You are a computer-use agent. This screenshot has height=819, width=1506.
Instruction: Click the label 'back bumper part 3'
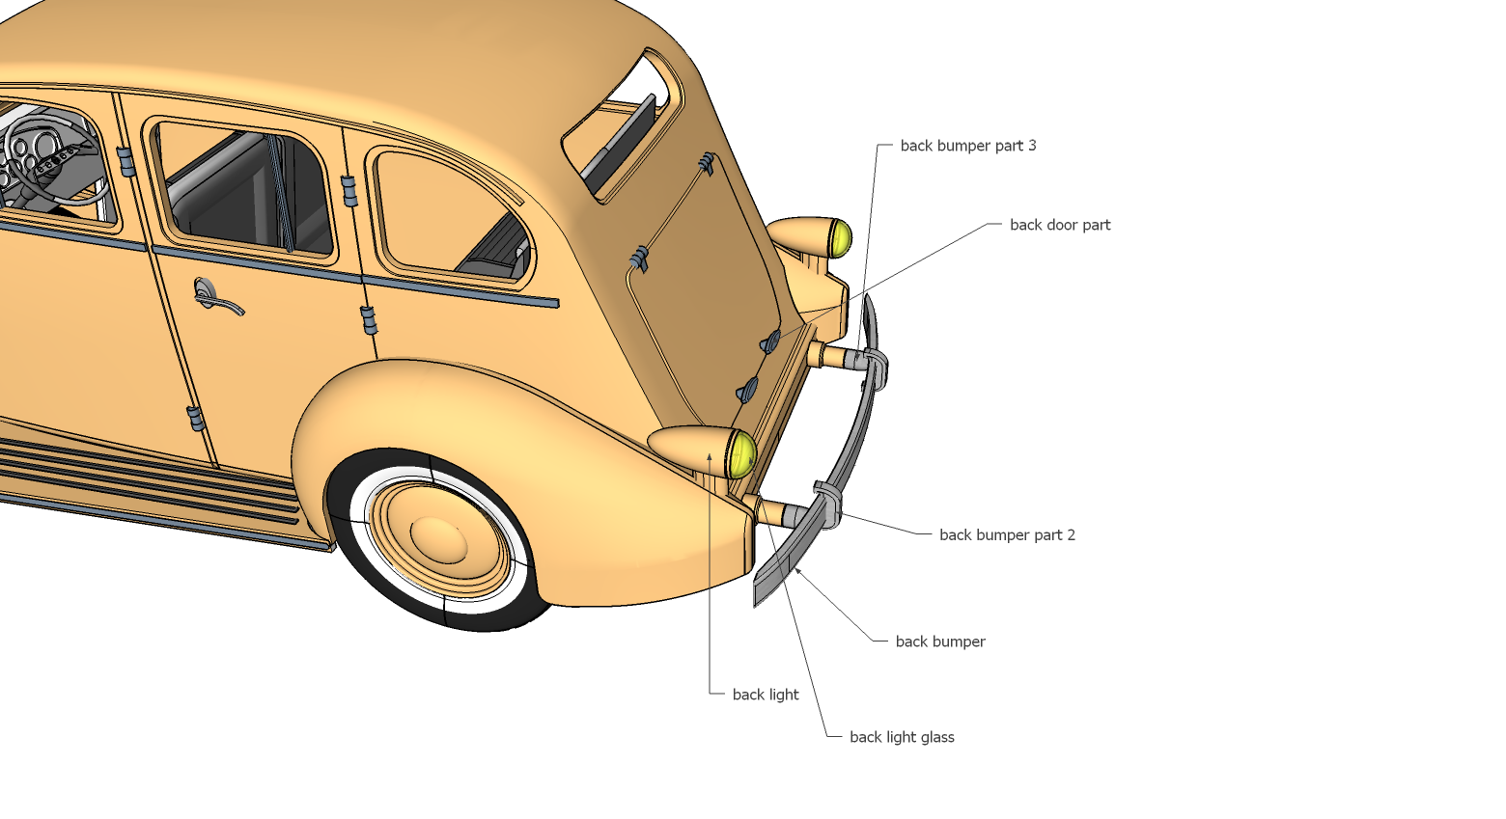point(967,146)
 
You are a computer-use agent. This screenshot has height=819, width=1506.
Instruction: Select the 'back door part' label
point(1059,225)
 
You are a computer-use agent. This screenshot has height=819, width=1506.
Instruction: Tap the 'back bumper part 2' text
point(1006,534)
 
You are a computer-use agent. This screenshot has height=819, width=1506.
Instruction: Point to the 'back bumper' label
point(939,642)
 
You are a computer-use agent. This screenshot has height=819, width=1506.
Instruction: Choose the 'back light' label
point(765,695)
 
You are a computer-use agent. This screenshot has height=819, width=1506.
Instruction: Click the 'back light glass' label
point(901,737)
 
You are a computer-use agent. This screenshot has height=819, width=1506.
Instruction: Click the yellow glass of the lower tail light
point(741,454)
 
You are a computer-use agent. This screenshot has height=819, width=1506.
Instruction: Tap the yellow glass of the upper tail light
point(841,237)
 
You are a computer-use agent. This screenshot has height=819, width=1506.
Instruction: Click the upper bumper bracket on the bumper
point(874,367)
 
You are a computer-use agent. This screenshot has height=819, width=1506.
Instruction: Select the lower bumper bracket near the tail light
point(826,502)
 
